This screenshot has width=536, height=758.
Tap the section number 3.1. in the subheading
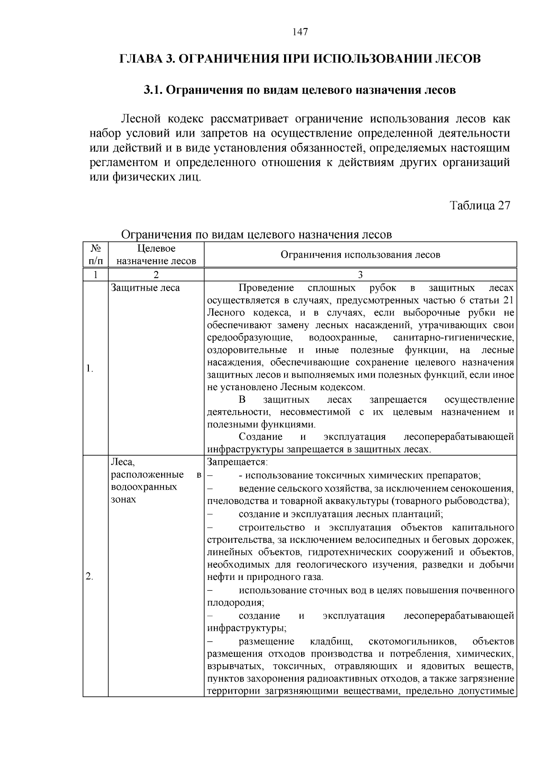coord(154,90)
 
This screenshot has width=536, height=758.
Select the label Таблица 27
coord(479,205)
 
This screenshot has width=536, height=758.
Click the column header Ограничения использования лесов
coord(360,255)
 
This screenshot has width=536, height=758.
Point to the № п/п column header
coord(95,254)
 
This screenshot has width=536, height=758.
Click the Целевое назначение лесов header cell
coord(156,254)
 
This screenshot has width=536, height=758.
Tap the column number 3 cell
coord(360,275)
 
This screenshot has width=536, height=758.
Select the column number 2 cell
coord(156,275)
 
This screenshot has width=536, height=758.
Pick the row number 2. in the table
coord(89,577)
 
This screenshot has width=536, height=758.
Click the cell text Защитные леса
coord(145,288)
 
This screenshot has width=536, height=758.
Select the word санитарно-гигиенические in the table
coord(453,337)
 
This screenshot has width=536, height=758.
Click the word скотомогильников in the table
coord(412,642)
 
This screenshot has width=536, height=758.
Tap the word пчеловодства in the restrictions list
coord(235,500)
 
